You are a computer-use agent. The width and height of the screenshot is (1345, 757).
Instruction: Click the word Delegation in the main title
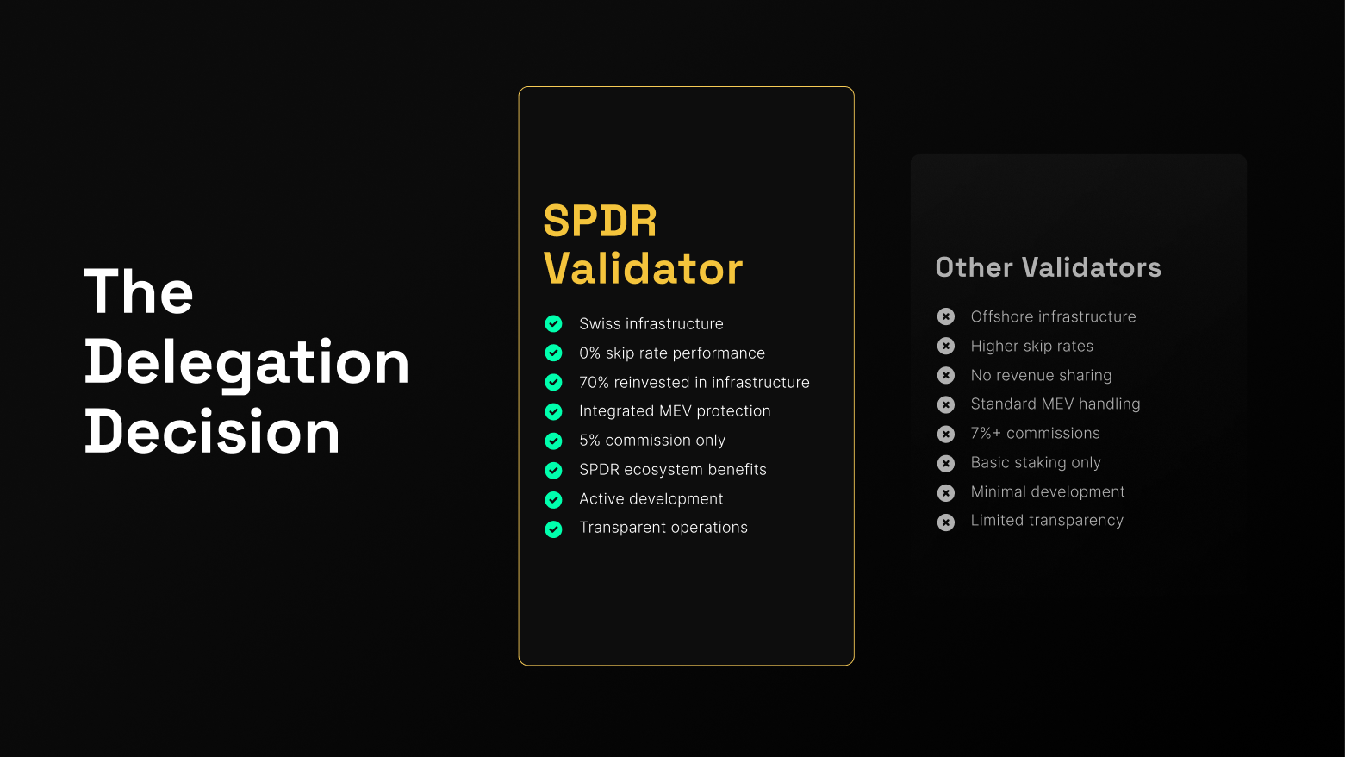pos(246,362)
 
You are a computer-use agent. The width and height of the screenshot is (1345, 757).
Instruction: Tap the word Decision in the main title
pos(212,432)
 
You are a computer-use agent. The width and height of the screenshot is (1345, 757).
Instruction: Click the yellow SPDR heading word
pos(600,222)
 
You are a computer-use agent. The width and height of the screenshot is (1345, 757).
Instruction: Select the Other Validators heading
pos(1048,267)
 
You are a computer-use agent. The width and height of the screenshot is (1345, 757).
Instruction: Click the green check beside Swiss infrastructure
pos(553,324)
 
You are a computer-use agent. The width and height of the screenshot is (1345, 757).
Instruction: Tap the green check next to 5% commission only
pos(553,441)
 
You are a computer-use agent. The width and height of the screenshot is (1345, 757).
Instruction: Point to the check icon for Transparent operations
pos(553,529)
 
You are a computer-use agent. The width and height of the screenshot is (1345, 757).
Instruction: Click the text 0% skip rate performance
pos(671,353)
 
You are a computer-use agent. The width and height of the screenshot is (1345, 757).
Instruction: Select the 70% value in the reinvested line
pos(594,383)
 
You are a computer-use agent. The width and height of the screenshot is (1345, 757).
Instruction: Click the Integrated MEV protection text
pos(675,411)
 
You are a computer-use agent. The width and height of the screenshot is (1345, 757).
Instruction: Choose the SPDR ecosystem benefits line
pos(672,470)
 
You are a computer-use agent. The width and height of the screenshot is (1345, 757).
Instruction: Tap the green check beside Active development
pos(553,500)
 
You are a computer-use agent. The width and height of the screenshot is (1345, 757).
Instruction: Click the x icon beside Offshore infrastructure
pos(946,316)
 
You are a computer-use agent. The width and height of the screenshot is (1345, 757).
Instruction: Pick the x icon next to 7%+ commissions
pos(946,434)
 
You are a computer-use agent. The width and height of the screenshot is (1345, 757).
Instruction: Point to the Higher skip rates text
pos(1031,347)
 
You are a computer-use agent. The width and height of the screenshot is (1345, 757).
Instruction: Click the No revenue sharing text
pos(1041,376)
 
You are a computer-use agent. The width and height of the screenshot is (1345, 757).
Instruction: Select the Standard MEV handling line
pos(1055,404)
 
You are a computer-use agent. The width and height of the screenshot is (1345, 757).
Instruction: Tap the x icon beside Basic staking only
pos(946,464)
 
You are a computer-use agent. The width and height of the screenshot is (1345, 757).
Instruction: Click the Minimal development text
pos(1047,492)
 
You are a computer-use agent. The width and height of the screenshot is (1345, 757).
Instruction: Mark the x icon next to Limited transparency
pos(946,522)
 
